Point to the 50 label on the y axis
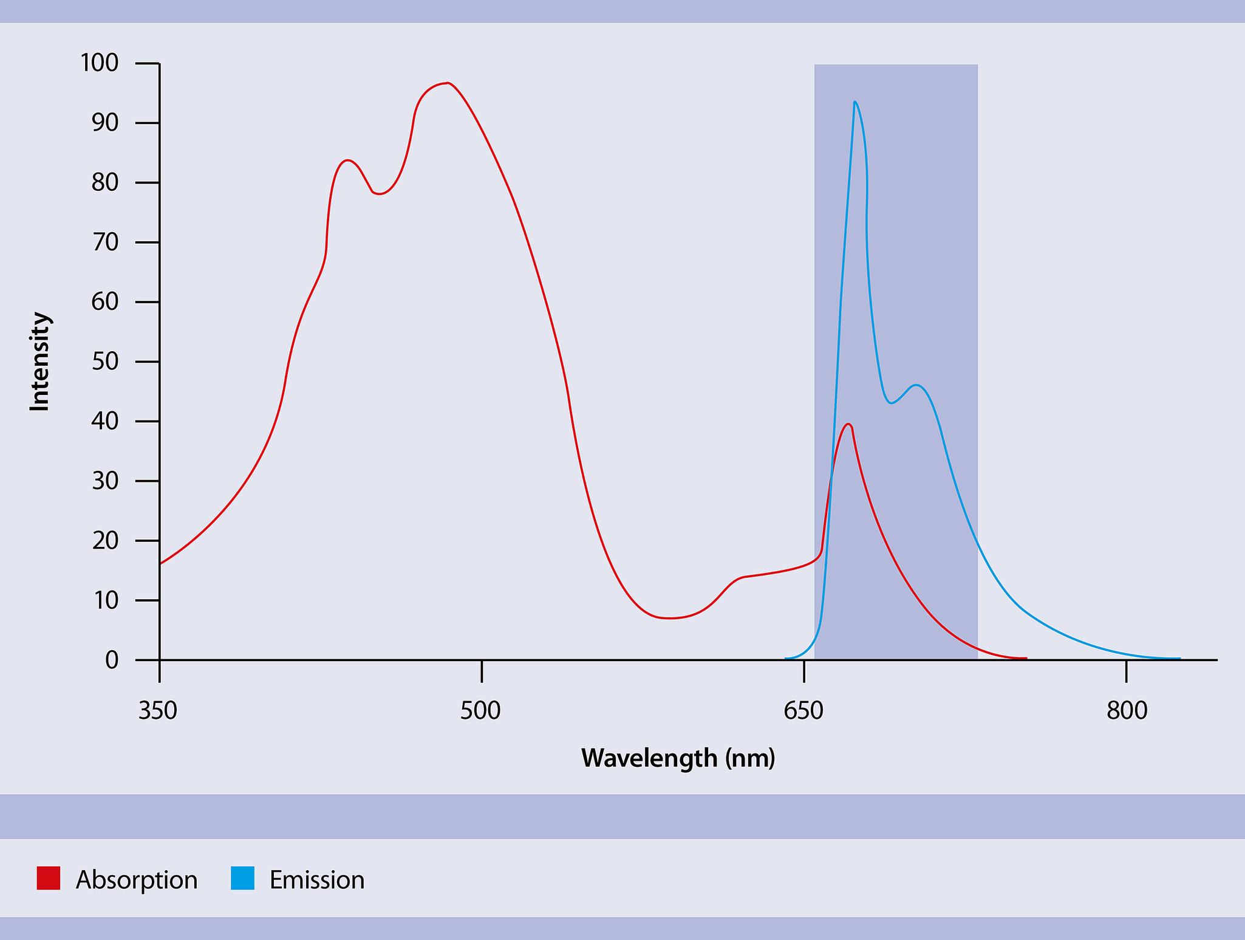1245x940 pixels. point(104,362)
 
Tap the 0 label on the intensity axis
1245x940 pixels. point(112,660)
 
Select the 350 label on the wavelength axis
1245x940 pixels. point(158,710)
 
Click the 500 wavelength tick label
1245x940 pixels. point(480,710)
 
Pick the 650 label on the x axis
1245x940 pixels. point(803,710)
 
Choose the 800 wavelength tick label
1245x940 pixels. point(1127,710)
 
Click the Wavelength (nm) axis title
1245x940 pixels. point(678,758)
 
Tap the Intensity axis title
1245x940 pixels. point(40,362)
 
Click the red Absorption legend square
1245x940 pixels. point(49,879)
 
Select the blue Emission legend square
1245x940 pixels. point(242,879)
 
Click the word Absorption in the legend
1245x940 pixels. point(137,880)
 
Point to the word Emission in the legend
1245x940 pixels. point(317,880)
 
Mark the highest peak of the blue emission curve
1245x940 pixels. point(855,102)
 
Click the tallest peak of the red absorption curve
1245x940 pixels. point(447,83)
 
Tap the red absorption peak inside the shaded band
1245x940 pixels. point(848,424)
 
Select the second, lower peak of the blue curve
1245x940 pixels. point(916,385)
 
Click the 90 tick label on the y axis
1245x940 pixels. point(104,123)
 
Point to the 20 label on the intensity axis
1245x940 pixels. point(104,541)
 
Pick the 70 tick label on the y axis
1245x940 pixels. point(104,242)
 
